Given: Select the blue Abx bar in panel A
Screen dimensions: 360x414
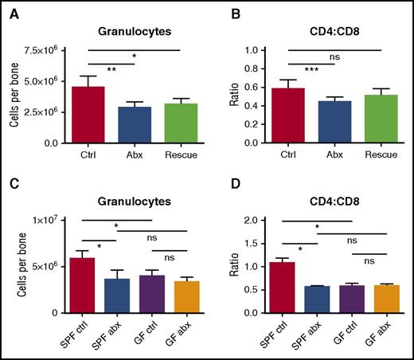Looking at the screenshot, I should coord(135,125).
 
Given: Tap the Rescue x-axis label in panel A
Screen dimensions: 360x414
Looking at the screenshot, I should coord(181,155).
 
